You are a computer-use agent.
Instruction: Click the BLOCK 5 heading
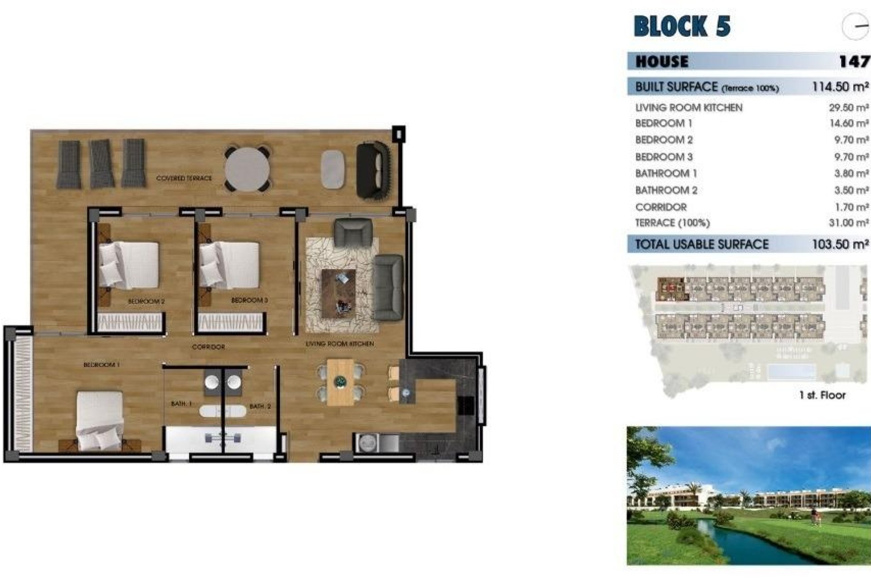tap(682, 26)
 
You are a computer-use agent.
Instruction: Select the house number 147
tap(854, 61)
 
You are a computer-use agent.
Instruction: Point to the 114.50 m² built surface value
tap(840, 87)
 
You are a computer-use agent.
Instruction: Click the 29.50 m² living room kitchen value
tap(848, 108)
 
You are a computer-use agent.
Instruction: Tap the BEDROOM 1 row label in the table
tap(663, 123)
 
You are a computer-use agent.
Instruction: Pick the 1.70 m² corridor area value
tap(851, 207)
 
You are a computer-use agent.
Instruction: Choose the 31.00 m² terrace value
tap(848, 223)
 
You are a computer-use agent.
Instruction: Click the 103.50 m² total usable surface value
tap(840, 244)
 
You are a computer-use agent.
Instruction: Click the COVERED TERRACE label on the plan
tap(184, 179)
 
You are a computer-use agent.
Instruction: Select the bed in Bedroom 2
tap(129, 265)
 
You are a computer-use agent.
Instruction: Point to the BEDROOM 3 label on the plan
tap(249, 300)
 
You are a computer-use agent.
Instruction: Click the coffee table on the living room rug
tap(338, 293)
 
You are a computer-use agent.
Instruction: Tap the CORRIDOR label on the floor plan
tap(208, 347)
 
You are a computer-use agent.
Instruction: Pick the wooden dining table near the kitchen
tap(340, 382)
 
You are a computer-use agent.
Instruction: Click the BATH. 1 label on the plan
tap(181, 403)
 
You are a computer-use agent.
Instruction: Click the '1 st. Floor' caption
tap(822, 395)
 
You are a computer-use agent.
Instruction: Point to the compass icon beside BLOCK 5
tap(855, 26)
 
